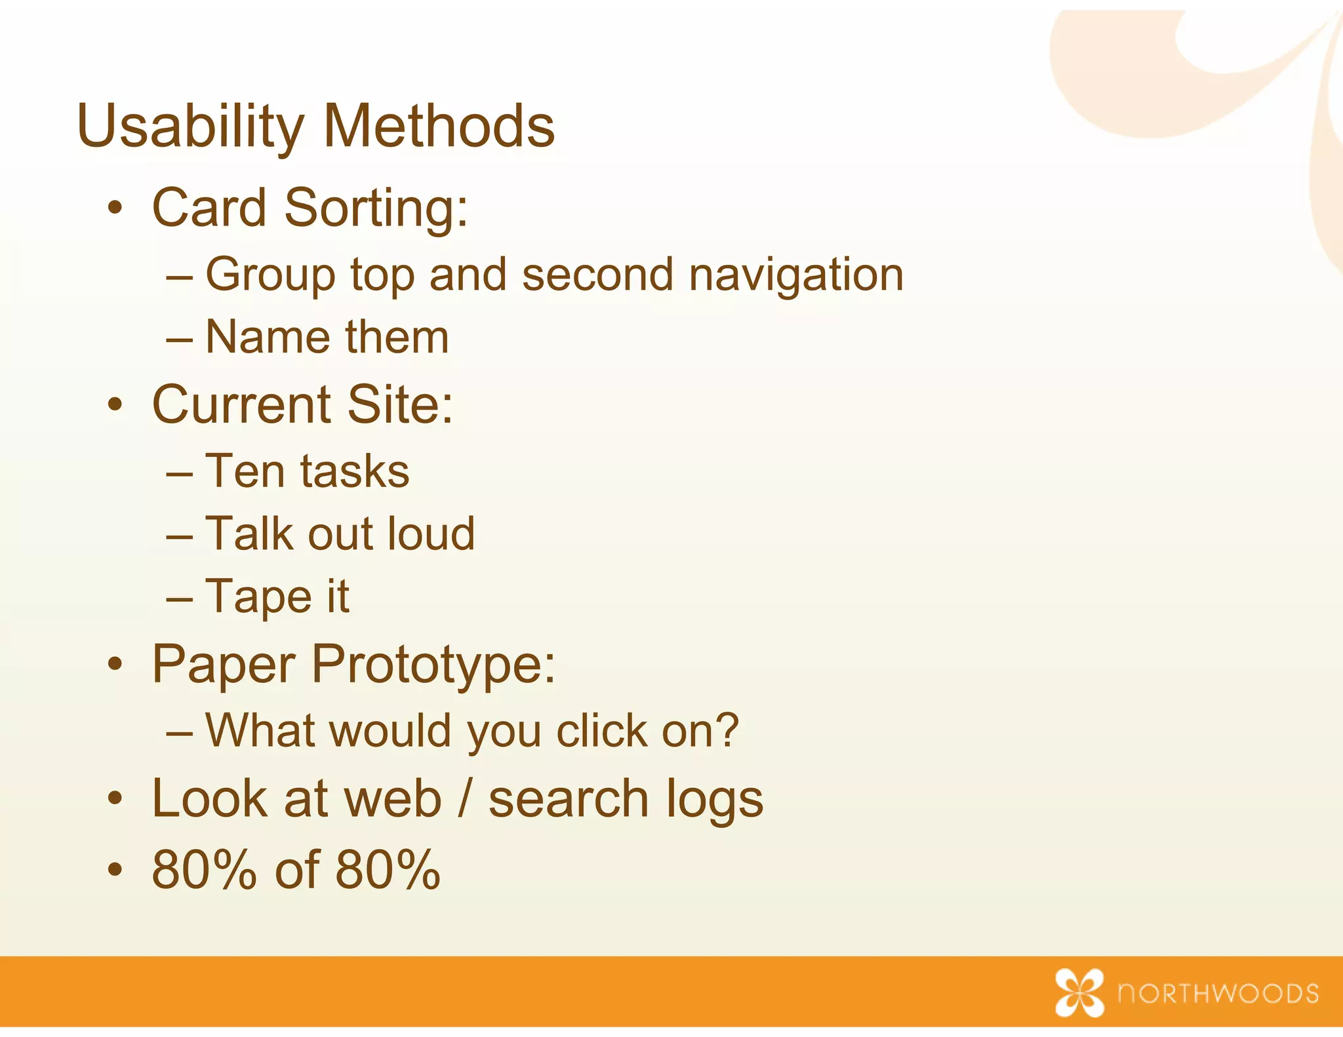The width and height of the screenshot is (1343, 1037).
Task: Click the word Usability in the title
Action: (190, 126)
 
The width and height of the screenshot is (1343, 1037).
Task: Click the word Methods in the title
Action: (439, 126)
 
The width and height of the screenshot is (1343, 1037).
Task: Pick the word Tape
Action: (258, 597)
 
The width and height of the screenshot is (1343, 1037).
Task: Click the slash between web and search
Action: (464, 798)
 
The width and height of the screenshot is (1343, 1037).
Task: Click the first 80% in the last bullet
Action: (204, 869)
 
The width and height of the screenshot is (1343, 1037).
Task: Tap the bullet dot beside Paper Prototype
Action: (115, 665)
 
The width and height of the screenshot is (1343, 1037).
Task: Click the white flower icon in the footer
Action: (1079, 992)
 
